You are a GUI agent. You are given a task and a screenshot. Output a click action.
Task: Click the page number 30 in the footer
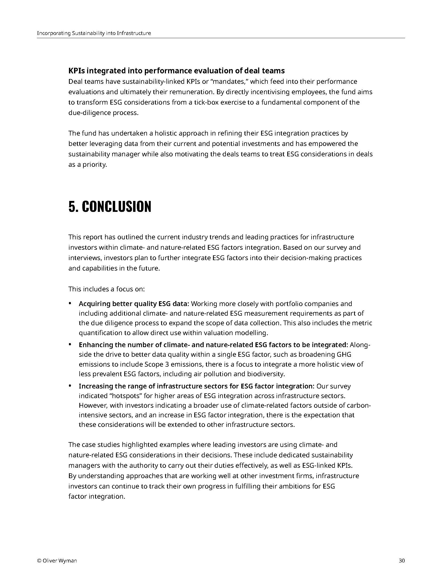tap(402, 561)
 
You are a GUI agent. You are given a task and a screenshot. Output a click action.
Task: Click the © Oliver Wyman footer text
tap(57, 561)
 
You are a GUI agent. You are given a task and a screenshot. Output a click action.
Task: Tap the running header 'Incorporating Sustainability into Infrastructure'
tap(94, 33)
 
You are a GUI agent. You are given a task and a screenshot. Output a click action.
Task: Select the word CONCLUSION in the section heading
tap(116, 207)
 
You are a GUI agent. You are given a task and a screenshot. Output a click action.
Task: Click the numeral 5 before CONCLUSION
tap(72, 207)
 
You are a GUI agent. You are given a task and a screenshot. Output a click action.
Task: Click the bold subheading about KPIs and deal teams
tap(176, 71)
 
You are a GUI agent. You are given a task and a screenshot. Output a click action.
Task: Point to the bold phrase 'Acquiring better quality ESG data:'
tap(134, 304)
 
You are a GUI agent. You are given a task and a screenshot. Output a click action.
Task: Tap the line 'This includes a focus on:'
tap(107, 289)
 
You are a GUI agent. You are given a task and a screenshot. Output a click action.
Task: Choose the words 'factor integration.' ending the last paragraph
tap(97, 497)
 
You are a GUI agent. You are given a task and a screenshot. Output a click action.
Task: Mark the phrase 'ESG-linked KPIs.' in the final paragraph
tap(327, 465)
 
